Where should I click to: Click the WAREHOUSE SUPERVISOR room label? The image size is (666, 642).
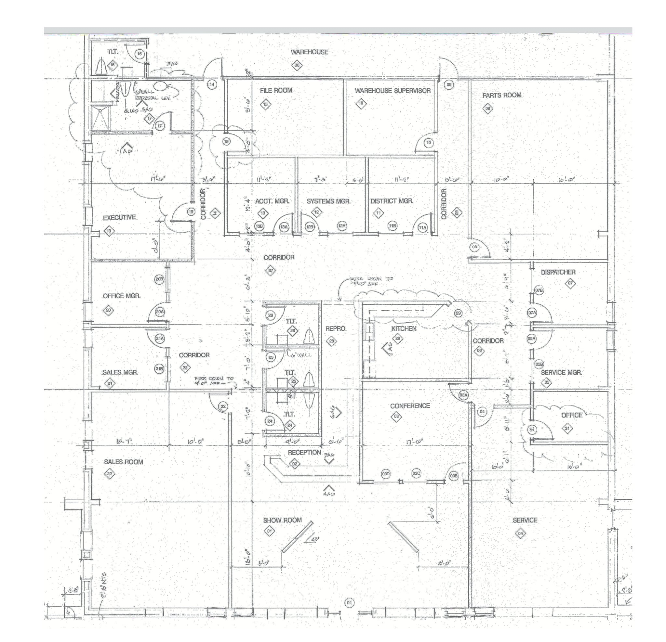[x=393, y=91]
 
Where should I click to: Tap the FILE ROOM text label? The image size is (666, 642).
[x=276, y=90]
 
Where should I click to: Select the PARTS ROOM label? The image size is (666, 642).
[x=502, y=96]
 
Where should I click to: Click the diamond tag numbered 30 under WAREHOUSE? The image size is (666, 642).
[x=297, y=65]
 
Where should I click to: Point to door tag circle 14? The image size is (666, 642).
[x=212, y=84]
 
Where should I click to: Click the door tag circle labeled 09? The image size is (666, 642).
[x=449, y=84]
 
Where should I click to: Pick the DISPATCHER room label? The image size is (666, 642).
[x=558, y=272]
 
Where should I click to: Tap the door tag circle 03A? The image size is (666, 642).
[x=463, y=395]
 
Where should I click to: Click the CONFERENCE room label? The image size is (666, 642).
[x=410, y=406]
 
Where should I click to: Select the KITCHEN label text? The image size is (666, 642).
[x=403, y=328]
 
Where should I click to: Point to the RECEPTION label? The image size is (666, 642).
[x=304, y=453]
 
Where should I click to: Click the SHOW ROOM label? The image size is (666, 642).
[x=282, y=520]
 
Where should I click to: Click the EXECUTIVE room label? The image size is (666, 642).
[x=119, y=217]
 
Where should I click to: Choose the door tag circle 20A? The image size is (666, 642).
[x=160, y=312]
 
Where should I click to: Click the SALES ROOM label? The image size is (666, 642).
[x=123, y=462]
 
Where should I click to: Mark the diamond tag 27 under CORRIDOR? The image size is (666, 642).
[x=270, y=271]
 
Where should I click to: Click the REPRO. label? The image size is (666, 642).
[x=336, y=329]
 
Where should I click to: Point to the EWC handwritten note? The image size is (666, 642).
[x=172, y=64]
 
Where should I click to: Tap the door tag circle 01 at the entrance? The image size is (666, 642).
[x=349, y=603]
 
